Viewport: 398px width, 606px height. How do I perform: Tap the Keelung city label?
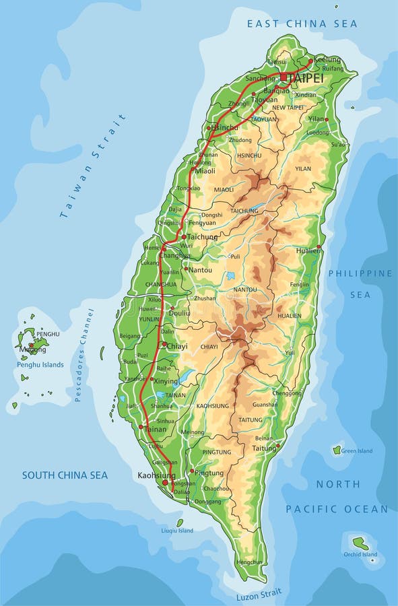[327, 59]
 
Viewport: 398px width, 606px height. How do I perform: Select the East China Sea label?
[302, 24]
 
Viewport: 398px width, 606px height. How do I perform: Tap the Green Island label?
[357, 451]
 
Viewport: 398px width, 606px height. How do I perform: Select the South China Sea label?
[65, 475]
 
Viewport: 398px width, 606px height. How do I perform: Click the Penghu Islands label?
[40, 365]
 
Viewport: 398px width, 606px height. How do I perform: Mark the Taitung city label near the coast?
[263, 447]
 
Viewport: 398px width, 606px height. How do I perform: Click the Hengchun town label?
[249, 562]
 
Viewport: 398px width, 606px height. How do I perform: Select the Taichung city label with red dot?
[202, 237]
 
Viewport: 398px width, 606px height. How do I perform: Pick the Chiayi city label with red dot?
[177, 346]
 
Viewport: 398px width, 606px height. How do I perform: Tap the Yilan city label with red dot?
[316, 119]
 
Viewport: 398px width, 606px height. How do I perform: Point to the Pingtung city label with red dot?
[208, 473]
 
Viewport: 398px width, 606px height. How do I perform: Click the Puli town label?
[235, 257]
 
